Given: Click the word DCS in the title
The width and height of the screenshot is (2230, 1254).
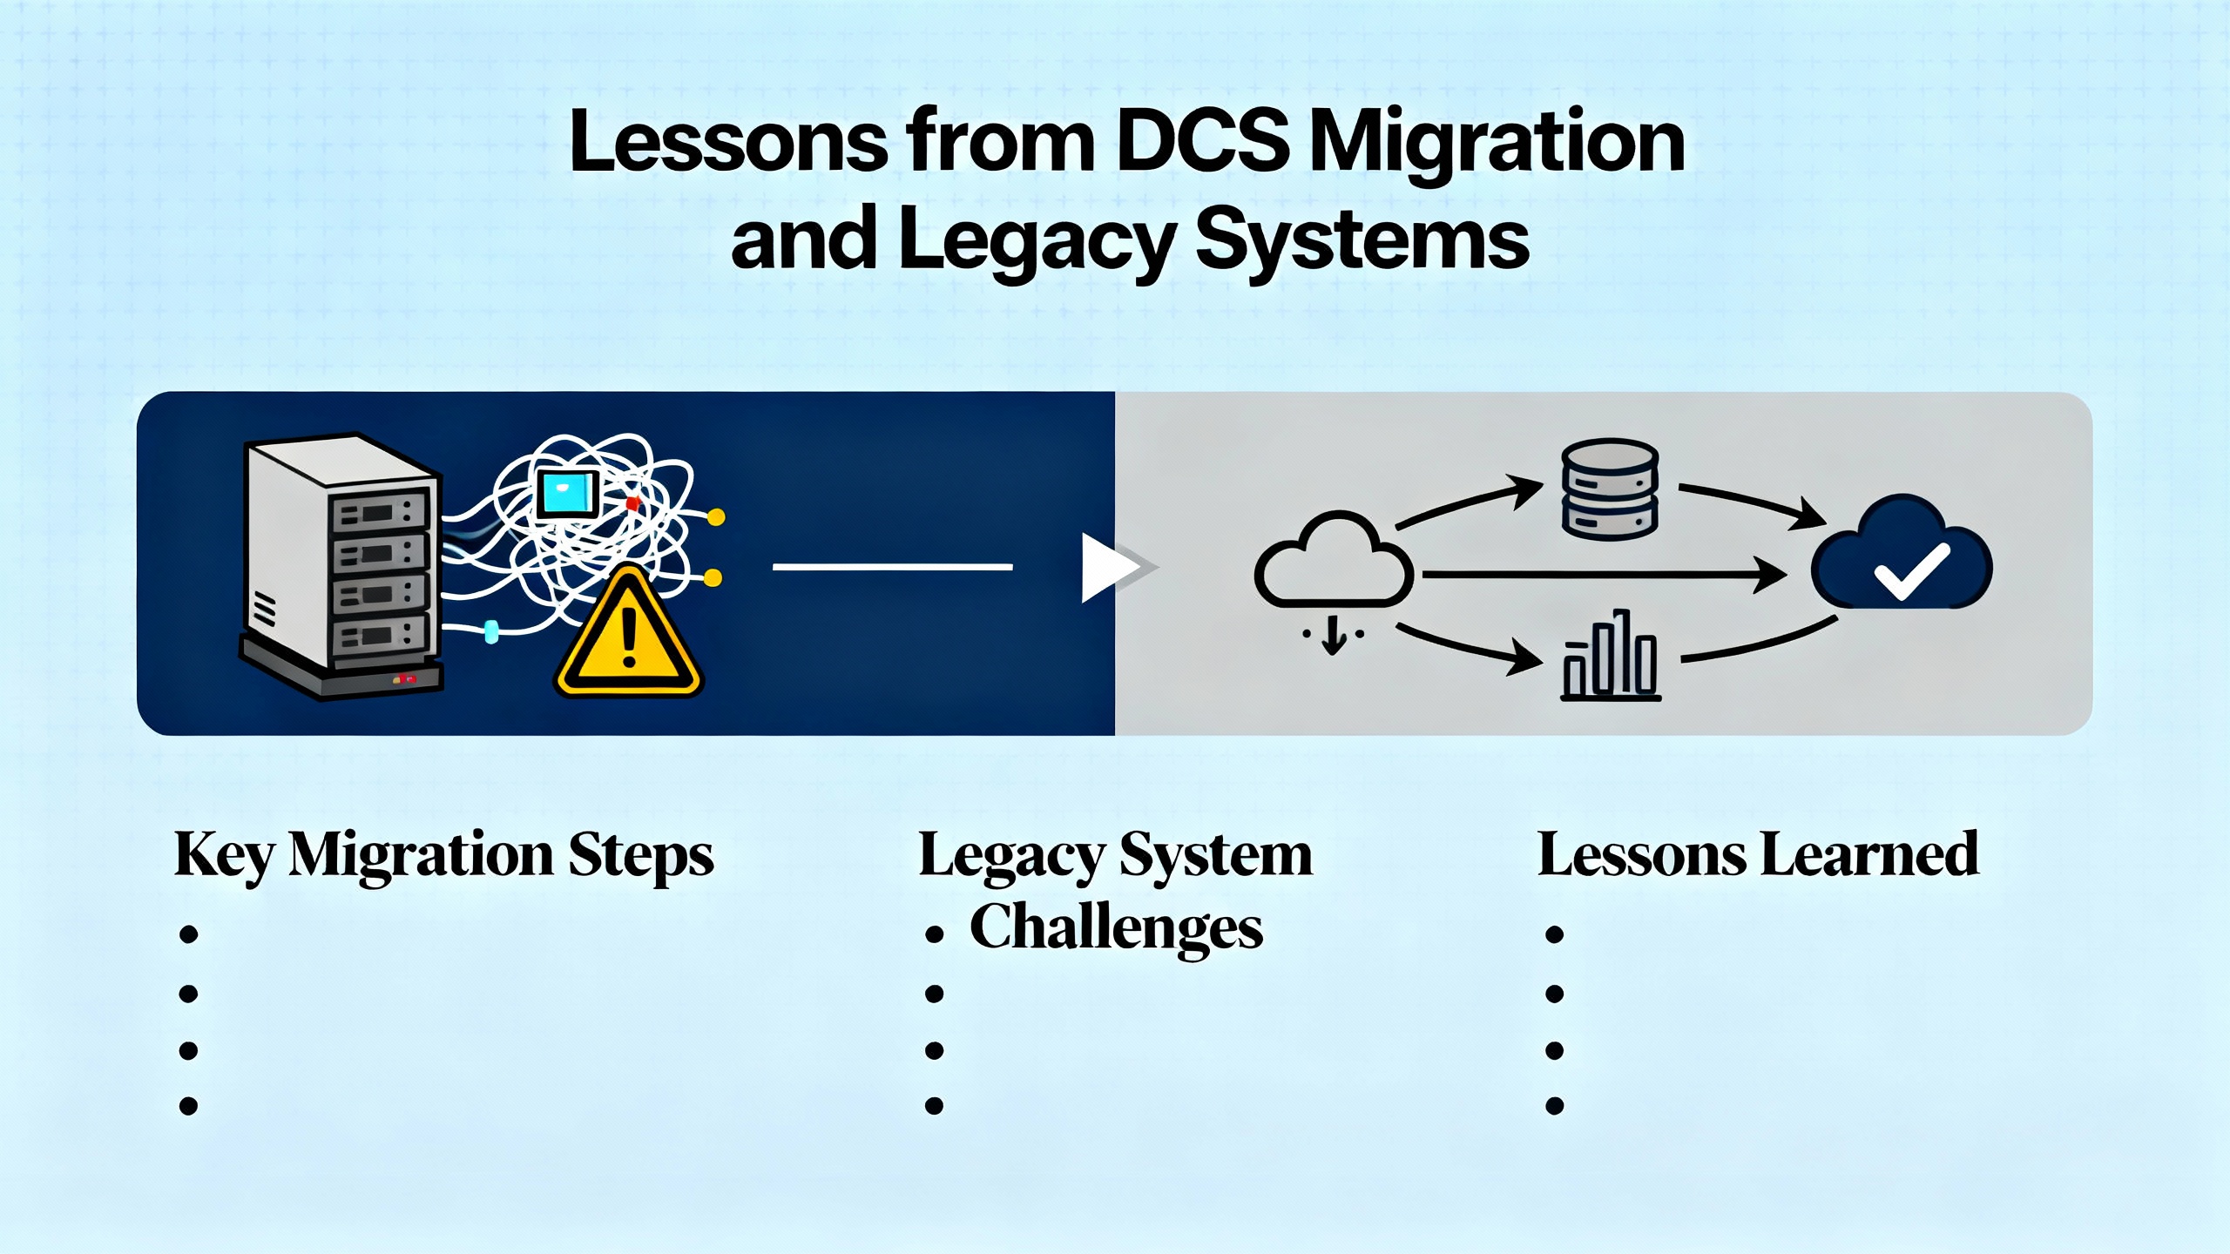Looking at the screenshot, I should click(1201, 142).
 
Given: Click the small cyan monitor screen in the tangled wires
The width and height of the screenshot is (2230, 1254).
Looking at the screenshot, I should click(567, 494).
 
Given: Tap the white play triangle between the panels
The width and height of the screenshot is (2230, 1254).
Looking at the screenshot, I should click(1108, 568).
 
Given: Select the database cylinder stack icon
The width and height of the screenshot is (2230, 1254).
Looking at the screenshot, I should click(1609, 489).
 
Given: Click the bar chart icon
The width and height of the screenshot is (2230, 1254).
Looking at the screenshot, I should click(1610, 657).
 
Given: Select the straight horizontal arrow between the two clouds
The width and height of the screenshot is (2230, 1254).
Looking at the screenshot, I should click(1603, 575).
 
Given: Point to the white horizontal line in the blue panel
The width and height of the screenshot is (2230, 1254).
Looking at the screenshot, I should click(892, 567).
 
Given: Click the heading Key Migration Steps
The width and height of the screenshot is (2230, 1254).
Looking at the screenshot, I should click(443, 855).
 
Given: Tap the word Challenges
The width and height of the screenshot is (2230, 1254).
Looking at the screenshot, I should click(1116, 928).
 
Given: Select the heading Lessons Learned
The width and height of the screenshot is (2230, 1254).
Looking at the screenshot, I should click(1758, 855).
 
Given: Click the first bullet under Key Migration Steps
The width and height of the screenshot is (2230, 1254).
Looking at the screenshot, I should click(188, 934).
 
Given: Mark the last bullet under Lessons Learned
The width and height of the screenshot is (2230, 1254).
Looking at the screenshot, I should click(1554, 1106).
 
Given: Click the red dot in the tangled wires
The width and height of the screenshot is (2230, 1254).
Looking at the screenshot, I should click(632, 503).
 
